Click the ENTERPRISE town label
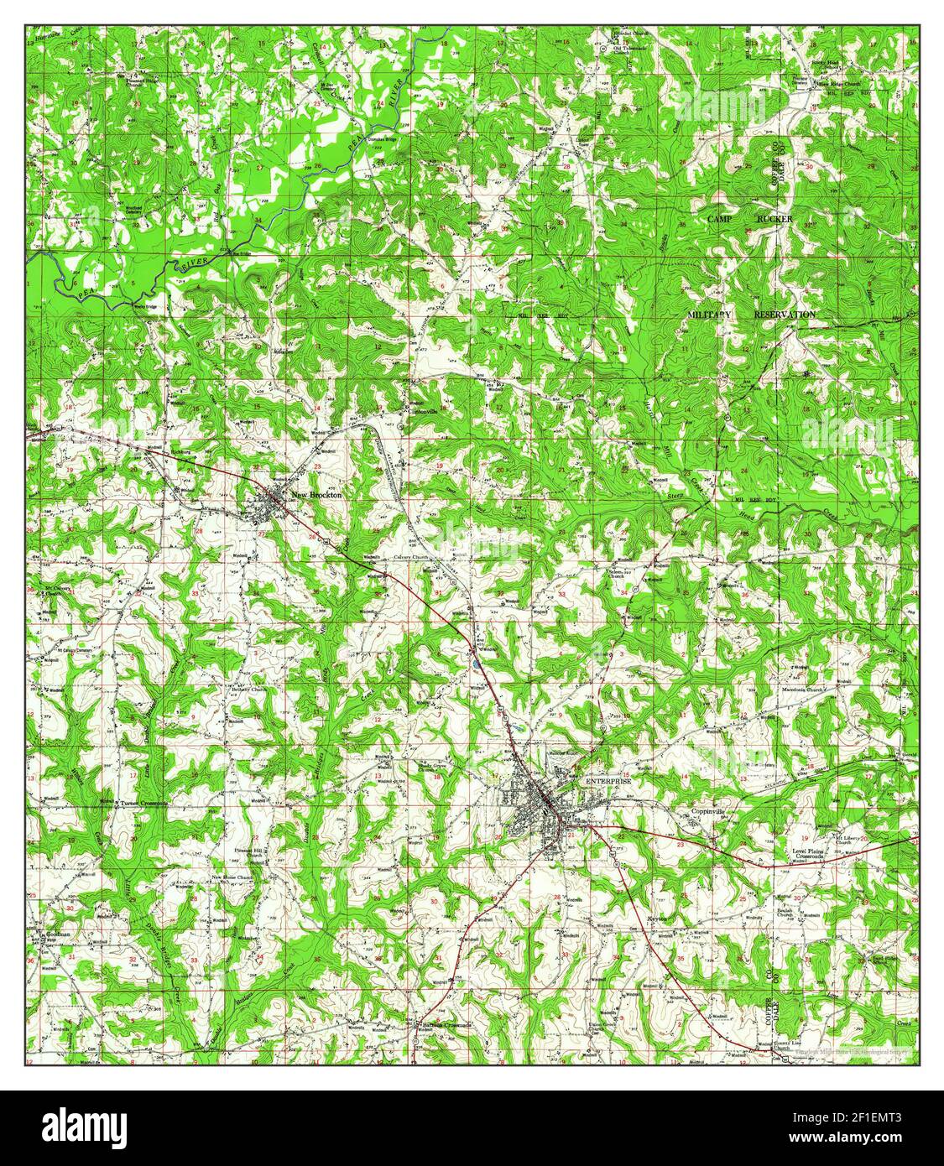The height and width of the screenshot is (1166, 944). pos(608,781)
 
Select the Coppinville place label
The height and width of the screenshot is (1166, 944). pos(712,812)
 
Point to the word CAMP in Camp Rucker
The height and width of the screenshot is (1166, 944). pos(721,219)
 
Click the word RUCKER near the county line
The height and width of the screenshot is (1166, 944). pos(774,219)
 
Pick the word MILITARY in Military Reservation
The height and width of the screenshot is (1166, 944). pos(709,314)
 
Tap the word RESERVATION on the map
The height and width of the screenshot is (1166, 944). pos(785,314)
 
